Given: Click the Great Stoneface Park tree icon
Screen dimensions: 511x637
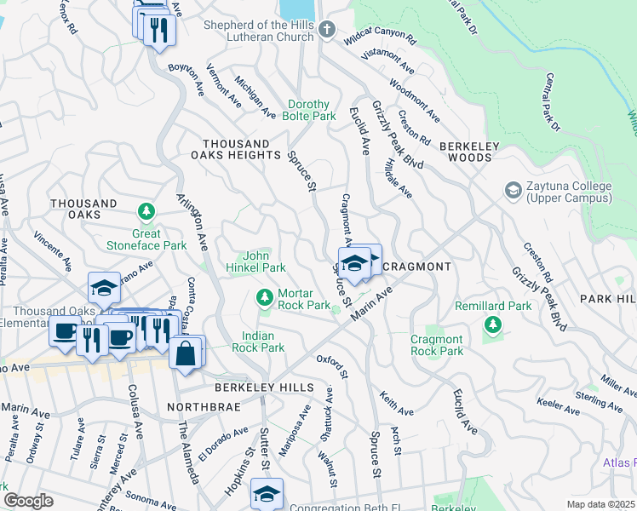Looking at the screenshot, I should pos(147,210).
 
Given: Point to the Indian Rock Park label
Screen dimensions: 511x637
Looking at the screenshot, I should pos(263,342).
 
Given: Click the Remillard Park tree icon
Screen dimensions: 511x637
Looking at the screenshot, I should pos(491,324).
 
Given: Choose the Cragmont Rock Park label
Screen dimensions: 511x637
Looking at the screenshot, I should pos(437,345).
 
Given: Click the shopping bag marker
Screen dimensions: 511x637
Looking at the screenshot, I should pos(187,352).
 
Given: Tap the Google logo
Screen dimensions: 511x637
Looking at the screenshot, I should pos(28,501).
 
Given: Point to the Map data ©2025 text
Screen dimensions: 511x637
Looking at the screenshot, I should pos(600,504).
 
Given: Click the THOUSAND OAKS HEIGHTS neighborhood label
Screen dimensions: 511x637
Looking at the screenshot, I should pos(242,149).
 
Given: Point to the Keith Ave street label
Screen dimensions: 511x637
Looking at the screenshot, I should pos(398,403).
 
